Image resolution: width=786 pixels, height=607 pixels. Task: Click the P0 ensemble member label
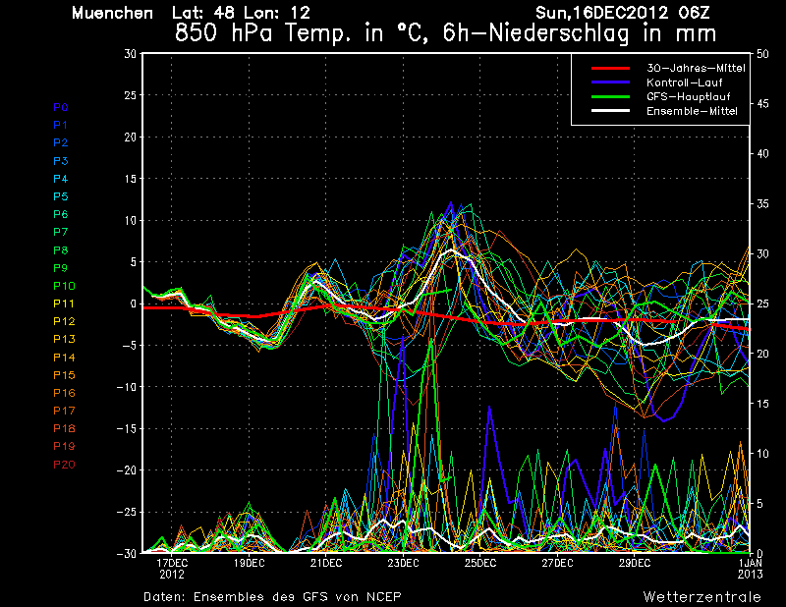coord(60,107)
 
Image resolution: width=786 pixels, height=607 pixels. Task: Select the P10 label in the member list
coord(64,286)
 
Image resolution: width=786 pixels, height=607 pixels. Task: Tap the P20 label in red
coord(64,465)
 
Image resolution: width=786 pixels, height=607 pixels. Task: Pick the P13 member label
coord(64,339)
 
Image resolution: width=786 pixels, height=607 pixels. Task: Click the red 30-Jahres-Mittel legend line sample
coord(610,68)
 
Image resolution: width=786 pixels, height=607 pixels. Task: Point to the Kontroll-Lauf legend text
coord(684,83)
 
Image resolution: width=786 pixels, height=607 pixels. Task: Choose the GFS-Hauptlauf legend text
coord(689,96)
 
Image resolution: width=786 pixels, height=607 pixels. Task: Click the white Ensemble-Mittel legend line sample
coord(610,111)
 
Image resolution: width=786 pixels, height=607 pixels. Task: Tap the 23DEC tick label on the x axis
coord(403,563)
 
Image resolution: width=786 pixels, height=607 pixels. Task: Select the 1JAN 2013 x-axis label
coord(750,569)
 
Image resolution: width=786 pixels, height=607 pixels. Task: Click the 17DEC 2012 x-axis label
coord(172,569)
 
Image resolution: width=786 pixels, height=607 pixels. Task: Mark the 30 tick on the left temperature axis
coord(131,53)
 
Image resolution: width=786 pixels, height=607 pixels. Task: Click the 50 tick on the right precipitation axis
coord(762,54)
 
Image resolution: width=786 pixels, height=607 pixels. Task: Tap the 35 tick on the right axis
coord(762,203)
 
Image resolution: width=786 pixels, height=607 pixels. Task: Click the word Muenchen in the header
coord(112,13)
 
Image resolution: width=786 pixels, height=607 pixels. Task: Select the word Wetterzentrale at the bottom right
coord(702,596)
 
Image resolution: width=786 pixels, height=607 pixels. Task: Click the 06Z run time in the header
coord(694,13)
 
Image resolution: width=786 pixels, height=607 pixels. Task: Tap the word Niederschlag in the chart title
coord(558,33)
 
